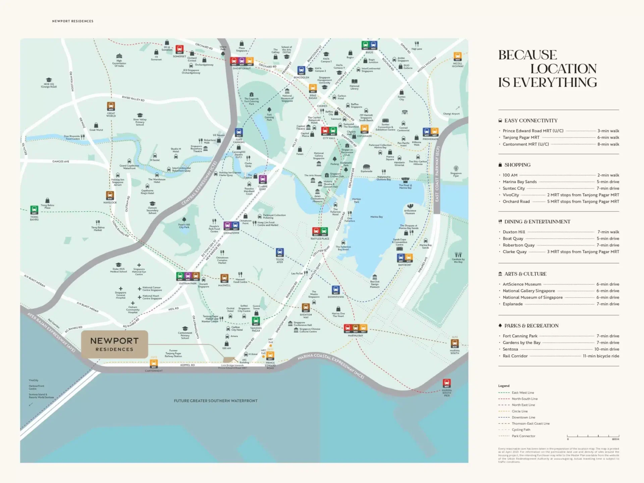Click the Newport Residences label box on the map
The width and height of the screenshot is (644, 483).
pos(114,344)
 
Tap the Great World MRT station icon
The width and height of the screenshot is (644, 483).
pos(111,106)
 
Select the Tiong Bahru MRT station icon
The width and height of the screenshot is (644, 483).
pos(34,210)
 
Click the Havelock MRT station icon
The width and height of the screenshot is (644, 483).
pos(110,196)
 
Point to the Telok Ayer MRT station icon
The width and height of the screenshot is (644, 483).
pos(280,253)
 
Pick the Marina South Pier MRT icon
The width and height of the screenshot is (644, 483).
pos(446,383)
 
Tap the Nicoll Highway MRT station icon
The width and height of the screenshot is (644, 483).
pos(458,57)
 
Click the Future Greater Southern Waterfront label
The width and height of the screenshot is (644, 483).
pos(216,401)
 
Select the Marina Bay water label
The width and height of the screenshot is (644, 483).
pos(376,217)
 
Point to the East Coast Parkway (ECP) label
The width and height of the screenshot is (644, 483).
pos(437,174)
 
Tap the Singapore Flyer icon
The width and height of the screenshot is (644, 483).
pos(456,168)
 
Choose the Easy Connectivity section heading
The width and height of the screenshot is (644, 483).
pos(531,121)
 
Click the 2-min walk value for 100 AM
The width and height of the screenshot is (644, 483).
pos(608,175)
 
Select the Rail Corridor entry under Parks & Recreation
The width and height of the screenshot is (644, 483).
pos(515,356)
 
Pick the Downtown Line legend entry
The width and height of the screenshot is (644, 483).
pos(523,417)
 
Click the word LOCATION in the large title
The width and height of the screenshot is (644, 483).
pos(563,69)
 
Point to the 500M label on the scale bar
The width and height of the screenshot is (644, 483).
pos(615,439)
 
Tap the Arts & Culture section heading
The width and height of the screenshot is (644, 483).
pos(525,274)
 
